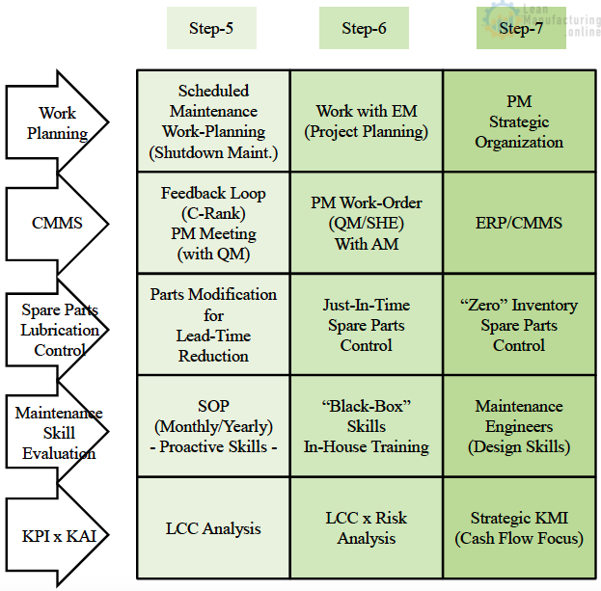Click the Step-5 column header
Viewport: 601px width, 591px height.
[x=211, y=28]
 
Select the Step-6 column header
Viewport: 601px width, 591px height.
[x=364, y=28]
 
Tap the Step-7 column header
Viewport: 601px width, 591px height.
[x=520, y=28]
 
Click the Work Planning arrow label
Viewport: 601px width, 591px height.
[x=58, y=122]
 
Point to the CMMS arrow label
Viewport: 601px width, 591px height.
[x=58, y=224]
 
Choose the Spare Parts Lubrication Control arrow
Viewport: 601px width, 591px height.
[x=60, y=330]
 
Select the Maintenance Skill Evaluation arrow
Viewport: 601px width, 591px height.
[x=60, y=433]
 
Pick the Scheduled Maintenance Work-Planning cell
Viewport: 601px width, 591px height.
[x=213, y=121]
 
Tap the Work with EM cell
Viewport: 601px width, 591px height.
[x=367, y=121]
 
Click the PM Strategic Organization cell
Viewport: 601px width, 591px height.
[x=519, y=121]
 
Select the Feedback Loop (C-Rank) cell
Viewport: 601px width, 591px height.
[x=213, y=223]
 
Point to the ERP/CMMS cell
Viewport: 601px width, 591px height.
[x=519, y=223]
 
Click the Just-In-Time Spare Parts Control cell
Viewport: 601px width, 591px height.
[x=367, y=325]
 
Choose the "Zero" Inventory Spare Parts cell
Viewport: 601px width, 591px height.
[x=519, y=325]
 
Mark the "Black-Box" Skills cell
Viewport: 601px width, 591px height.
[x=367, y=426]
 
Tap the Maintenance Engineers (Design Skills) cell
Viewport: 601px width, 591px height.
[x=519, y=426]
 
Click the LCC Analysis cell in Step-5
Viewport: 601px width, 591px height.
[x=213, y=527]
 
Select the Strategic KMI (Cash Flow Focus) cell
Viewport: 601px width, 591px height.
[x=519, y=527]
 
